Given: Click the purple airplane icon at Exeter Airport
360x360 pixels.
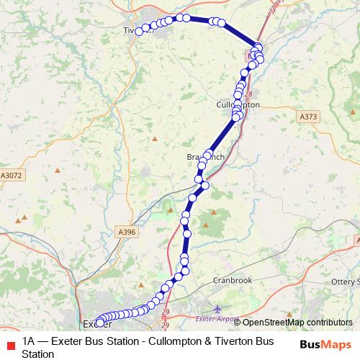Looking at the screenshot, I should [209, 307].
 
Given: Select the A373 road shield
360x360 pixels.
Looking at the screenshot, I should [307, 116].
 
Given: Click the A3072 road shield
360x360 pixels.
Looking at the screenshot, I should [11, 175].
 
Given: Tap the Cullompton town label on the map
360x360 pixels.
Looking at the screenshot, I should [238, 104].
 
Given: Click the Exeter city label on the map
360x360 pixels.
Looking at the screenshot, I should [94, 323].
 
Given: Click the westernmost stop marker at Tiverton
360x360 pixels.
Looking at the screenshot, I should [139, 32].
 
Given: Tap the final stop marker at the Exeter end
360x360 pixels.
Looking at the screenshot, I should [99, 320].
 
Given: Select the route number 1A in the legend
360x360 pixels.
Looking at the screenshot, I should [30, 342].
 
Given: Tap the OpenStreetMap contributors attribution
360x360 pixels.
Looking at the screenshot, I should [295, 323].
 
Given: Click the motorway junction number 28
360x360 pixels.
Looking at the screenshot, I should [249, 94].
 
